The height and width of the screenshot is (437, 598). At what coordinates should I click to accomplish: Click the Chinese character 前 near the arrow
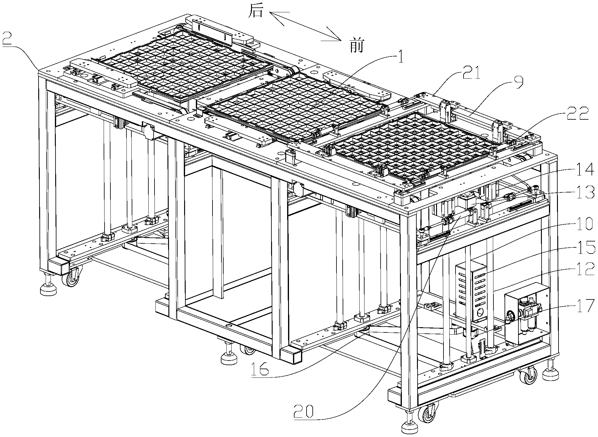[x=357, y=46]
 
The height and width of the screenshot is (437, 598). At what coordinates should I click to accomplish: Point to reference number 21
[x=471, y=74]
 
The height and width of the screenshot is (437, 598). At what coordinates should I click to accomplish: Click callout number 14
[x=584, y=169]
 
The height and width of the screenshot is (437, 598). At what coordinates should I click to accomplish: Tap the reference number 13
[x=584, y=192]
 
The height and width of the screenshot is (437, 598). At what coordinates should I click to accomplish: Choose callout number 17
[x=584, y=306]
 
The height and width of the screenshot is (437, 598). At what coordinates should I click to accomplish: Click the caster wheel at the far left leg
[x=72, y=277]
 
